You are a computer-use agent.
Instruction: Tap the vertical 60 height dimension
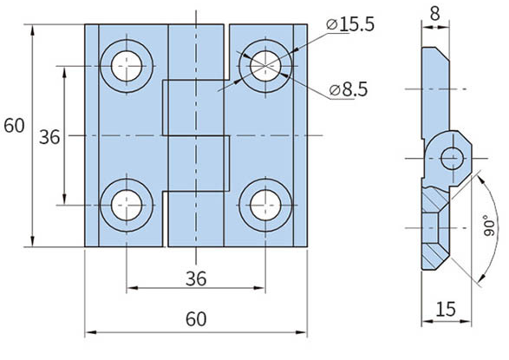coord(14,126)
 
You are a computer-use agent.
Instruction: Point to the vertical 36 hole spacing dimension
coord(50,136)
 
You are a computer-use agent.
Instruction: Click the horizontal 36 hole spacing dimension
coord(196,277)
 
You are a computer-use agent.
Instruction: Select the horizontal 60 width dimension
coord(196,319)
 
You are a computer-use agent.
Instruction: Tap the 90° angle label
coord(489,226)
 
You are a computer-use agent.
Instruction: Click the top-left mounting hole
coord(126,64)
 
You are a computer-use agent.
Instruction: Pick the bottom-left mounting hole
coord(126,206)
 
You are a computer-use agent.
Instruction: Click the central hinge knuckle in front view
coord(196,135)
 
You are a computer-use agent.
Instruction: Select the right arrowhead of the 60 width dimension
coord(303,332)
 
